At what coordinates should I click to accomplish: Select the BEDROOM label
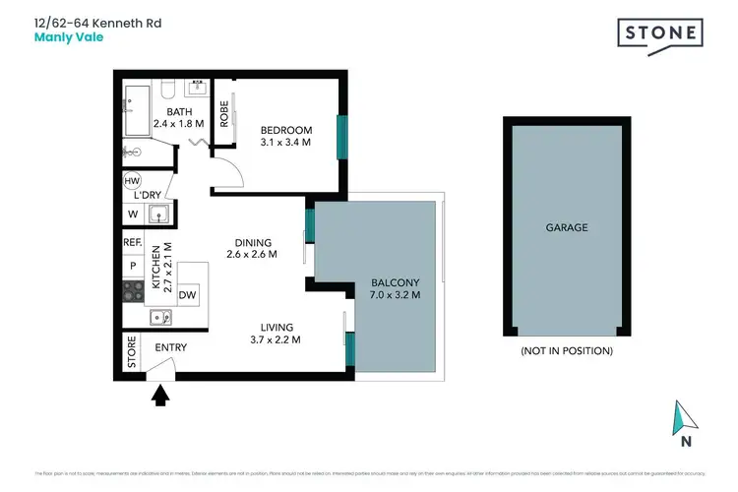pyautogui.click(x=285, y=130)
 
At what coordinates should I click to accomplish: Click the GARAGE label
pyautogui.click(x=567, y=227)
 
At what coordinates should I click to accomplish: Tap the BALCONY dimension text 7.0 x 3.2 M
pyautogui.click(x=395, y=294)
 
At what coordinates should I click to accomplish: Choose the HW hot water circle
pyautogui.click(x=132, y=181)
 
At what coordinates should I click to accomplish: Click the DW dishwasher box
pyautogui.click(x=187, y=294)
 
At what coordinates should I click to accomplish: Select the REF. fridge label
pyautogui.click(x=132, y=242)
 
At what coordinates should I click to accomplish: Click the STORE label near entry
pyautogui.click(x=132, y=353)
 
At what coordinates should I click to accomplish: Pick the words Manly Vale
pyautogui.click(x=69, y=39)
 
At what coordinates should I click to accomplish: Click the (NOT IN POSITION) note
pyautogui.click(x=567, y=351)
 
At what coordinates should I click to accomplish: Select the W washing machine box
pyautogui.click(x=132, y=214)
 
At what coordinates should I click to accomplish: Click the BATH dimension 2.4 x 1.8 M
pyautogui.click(x=178, y=124)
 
